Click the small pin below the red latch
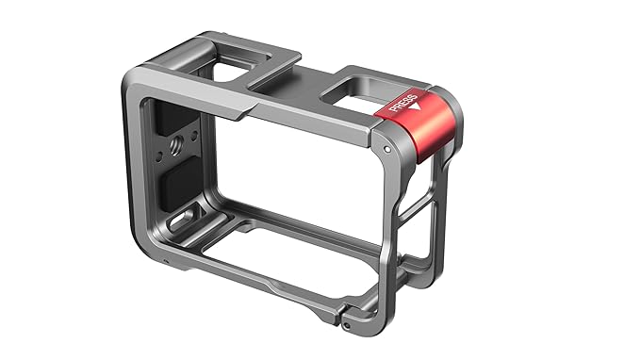[387, 148]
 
